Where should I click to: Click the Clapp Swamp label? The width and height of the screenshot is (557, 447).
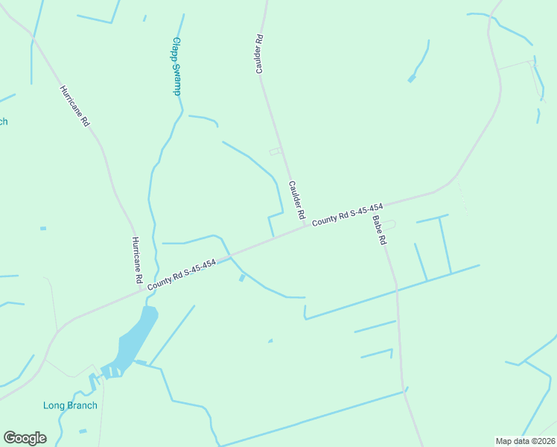click(177, 66)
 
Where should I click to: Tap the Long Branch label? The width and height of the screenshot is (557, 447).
click(70, 405)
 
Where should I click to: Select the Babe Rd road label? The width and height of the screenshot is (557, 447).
click(380, 231)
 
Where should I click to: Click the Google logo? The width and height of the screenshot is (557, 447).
click(25, 438)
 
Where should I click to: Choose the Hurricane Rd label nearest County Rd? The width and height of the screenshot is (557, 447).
click(136, 260)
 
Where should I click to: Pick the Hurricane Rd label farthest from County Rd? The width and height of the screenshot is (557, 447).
click(74, 106)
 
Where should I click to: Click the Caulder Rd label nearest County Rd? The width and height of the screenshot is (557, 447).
click(297, 199)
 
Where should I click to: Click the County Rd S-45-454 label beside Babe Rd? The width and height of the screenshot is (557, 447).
click(348, 215)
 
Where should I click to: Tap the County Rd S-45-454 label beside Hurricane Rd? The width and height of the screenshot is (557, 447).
click(182, 275)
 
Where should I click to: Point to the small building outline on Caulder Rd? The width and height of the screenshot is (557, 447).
click(276, 152)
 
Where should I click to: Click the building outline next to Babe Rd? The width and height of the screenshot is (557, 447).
click(389, 224)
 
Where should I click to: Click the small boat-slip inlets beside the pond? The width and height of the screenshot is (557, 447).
click(109, 370)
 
